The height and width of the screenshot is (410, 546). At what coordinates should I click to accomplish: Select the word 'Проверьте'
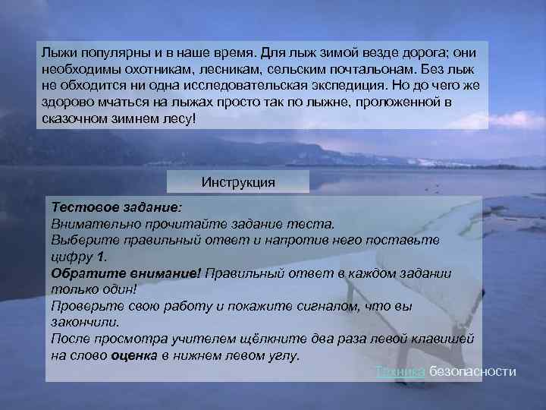click(x=84, y=306)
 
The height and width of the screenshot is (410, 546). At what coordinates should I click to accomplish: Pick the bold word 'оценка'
click(x=134, y=356)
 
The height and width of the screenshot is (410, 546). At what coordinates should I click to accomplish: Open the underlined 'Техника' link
click(x=400, y=371)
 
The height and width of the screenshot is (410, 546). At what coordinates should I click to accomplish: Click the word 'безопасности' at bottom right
click(x=472, y=371)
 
